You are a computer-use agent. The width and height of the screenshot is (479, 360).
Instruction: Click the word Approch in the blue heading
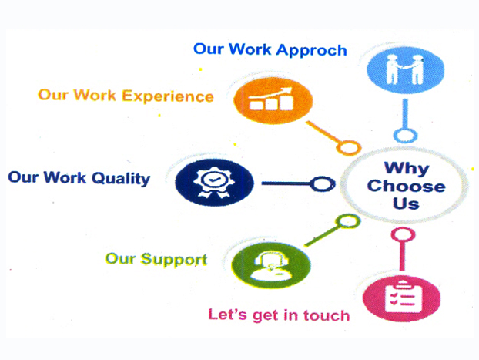click(312, 51)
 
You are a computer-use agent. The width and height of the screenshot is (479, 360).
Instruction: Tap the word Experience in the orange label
click(168, 97)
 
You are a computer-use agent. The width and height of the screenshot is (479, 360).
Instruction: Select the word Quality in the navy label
click(121, 179)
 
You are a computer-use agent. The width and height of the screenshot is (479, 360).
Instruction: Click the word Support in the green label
click(174, 261)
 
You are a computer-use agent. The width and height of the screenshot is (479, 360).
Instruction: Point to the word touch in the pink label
click(327, 315)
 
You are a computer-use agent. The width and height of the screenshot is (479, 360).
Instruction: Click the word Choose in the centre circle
click(406, 186)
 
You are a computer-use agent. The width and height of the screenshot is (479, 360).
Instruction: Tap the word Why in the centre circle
click(407, 169)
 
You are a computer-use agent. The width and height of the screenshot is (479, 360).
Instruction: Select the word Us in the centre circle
click(406, 204)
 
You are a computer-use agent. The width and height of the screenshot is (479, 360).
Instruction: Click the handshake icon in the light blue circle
click(405, 69)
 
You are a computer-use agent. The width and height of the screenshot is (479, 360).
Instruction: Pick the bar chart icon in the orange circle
click(271, 99)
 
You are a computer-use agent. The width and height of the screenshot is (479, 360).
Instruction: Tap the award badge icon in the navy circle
click(214, 182)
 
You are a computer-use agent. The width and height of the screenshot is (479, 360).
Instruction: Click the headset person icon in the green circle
click(271, 266)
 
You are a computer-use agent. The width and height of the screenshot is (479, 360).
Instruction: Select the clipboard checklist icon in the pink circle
click(404, 296)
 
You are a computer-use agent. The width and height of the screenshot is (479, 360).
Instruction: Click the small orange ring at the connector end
click(349, 147)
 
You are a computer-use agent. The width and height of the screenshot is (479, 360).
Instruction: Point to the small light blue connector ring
click(405, 136)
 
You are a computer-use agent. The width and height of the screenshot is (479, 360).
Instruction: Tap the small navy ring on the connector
click(323, 183)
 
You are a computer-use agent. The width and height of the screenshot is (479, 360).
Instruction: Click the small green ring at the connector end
click(347, 220)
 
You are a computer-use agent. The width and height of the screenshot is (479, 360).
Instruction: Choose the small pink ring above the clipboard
click(404, 235)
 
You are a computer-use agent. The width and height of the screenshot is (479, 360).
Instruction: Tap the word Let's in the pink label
click(227, 314)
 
